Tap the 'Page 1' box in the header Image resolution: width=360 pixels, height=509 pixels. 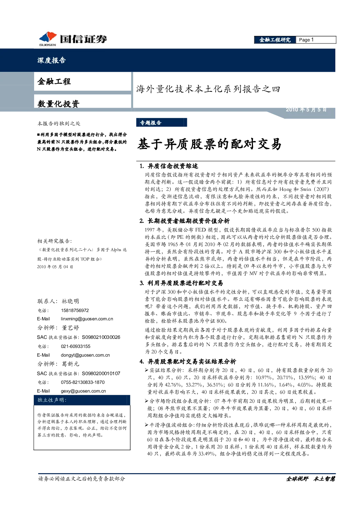pos(316,40)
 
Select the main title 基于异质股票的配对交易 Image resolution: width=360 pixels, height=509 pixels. pos(209,144)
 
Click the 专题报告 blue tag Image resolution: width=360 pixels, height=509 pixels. pos(161,123)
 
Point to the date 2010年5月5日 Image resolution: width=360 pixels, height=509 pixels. pos(306,110)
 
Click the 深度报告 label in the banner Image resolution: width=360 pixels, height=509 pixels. pos(52,60)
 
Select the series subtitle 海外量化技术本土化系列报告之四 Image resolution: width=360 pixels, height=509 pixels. pos(208,89)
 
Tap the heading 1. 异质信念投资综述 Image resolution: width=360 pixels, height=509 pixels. pos(169,166)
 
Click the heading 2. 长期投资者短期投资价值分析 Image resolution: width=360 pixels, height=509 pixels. pos(185,221)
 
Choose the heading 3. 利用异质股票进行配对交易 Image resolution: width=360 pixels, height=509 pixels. pos(181,283)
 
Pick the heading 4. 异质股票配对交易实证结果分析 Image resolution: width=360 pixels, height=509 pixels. pos(188,362)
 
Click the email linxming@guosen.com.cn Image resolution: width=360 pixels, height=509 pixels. pos(87,319)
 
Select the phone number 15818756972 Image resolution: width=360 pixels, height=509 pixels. pos(75,311)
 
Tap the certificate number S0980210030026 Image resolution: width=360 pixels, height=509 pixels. pos(101,337)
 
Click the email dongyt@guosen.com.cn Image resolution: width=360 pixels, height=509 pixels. pos(85,355)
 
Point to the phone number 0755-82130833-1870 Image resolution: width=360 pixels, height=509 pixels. pos(83,382)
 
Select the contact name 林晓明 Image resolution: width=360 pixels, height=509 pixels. pos(70,301)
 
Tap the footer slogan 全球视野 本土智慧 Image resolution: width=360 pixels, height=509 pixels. pos(311,479)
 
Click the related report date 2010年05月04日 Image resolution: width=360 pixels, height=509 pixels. pos(55,267)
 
